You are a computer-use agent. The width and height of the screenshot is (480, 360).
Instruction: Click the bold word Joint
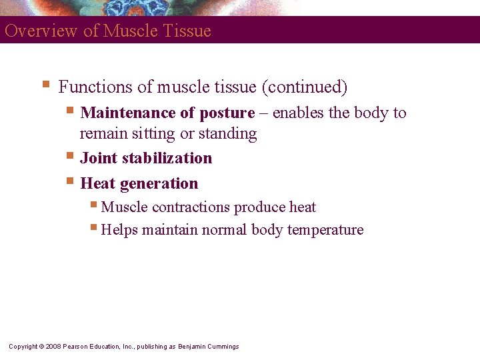click(x=98, y=158)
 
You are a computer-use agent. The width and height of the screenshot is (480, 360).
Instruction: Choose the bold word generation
click(x=159, y=183)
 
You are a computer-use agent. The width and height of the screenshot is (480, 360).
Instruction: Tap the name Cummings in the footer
click(x=223, y=346)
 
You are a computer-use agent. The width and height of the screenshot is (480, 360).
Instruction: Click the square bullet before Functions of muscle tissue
click(x=45, y=85)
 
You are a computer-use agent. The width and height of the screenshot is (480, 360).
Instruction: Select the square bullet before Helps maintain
click(x=93, y=229)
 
